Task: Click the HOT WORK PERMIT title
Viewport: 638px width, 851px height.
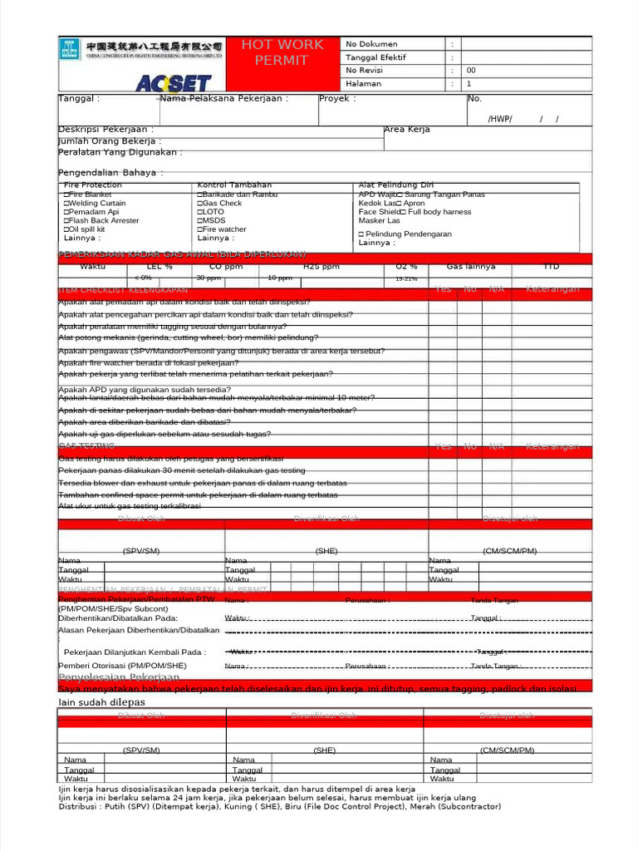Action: coord(282,52)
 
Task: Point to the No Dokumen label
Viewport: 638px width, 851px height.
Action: coord(371,44)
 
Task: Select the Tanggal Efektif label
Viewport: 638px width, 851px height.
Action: coord(376,57)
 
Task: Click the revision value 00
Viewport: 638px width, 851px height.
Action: coord(471,71)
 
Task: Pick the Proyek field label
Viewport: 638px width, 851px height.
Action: coord(337,98)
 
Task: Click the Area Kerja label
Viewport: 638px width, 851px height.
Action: coord(407,130)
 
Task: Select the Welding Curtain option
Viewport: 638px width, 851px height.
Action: coord(95,203)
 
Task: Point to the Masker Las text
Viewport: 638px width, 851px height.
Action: coord(379,221)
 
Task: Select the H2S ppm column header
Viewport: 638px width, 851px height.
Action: coord(321,267)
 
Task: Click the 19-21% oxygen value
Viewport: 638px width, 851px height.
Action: coord(407,279)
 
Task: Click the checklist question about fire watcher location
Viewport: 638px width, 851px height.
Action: coord(148,363)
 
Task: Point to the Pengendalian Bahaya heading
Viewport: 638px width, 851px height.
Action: coord(110,173)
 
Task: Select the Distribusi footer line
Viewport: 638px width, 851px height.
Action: coord(279,806)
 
